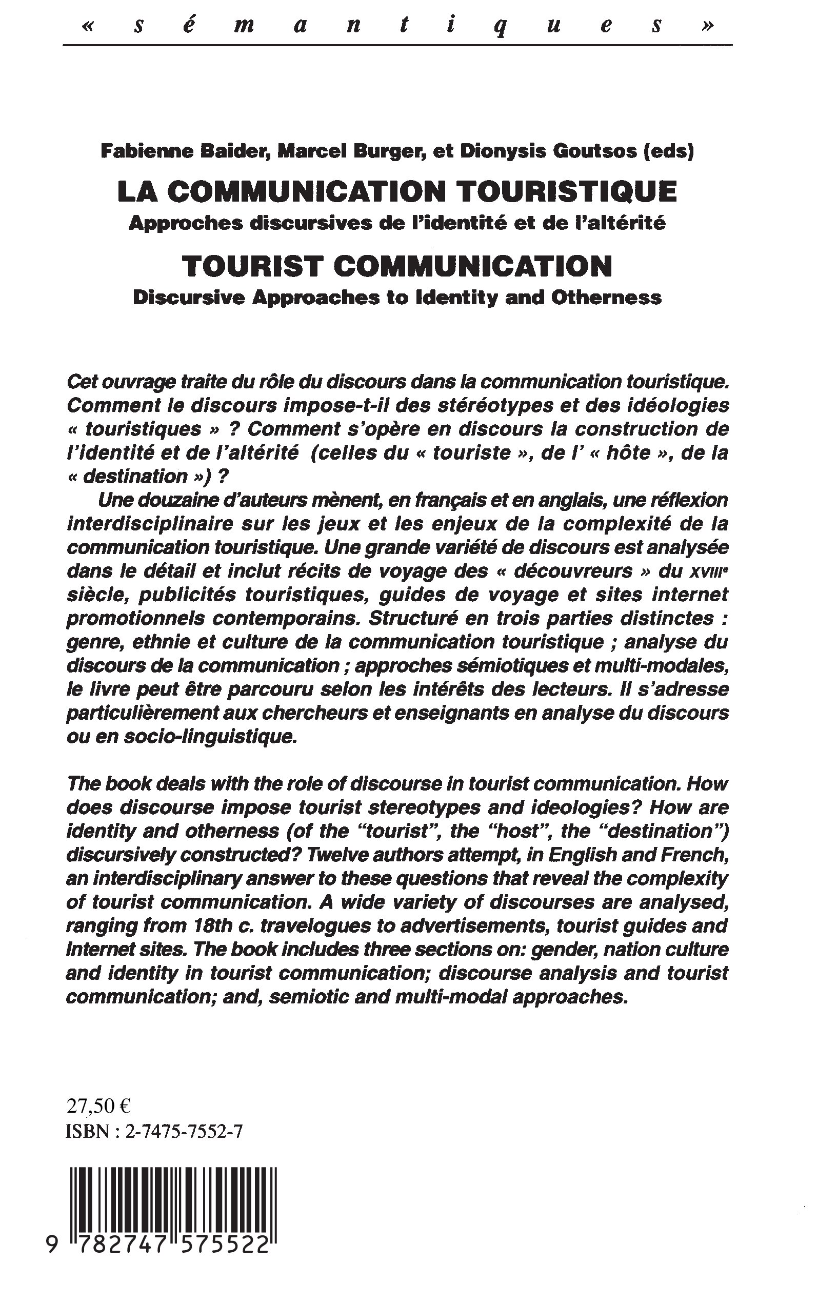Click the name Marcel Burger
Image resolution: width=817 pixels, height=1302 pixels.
point(350,152)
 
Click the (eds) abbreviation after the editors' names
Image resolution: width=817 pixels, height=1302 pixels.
point(668,152)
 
